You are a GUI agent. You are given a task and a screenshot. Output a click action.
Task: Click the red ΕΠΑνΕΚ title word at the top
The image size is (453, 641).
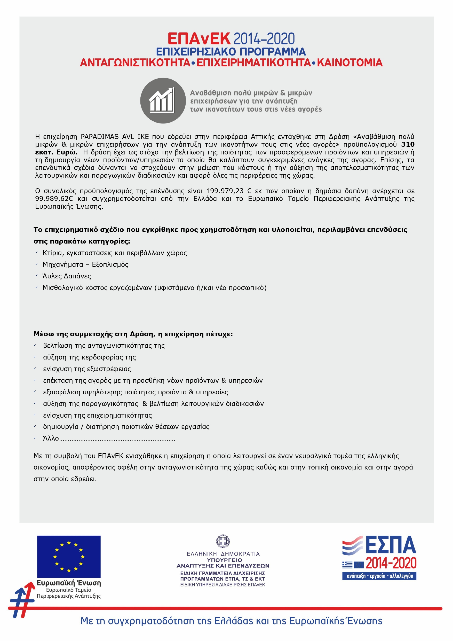pos(199,39)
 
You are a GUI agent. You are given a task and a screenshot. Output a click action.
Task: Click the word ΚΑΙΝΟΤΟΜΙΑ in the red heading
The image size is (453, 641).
pos(349,62)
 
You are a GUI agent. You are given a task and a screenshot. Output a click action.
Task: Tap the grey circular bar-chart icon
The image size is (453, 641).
pos(163,100)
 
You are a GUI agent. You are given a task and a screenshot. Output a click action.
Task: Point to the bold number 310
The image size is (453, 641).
pos(408,144)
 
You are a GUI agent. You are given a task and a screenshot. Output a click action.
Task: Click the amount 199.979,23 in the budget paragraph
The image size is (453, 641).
pos(225,191)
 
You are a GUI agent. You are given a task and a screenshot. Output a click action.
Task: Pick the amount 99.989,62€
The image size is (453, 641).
pos(54,199)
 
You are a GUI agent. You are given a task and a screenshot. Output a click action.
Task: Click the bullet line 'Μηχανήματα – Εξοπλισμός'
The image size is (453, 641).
pos(85,264)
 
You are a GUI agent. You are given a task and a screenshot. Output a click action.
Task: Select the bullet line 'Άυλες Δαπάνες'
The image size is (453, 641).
pos(67,276)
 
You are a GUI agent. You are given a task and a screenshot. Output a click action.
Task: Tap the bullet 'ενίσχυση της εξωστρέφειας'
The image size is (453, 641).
pos(87,369)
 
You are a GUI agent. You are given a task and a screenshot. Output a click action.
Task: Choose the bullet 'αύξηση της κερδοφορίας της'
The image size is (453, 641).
pos(89,357)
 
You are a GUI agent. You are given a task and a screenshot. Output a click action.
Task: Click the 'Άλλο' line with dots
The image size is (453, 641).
pos(109,438)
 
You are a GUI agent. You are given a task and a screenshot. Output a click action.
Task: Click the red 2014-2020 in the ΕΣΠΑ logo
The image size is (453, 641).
pos(391,563)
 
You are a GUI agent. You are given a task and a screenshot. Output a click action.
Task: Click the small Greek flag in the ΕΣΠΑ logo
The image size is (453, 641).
pos(347,565)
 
